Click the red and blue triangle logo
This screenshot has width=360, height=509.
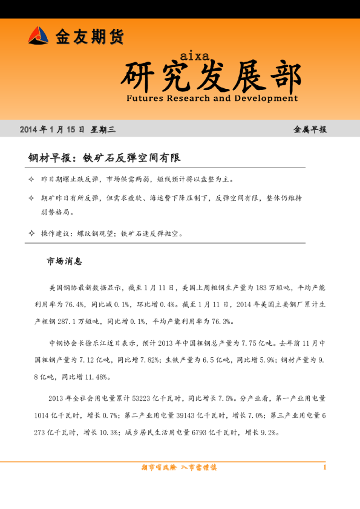(x=38, y=36)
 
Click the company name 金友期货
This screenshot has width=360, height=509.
(x=90, y=37)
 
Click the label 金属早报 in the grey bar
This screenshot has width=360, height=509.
(x=309, y=130)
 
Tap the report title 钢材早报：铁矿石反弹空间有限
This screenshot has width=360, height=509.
(x=104, y=158)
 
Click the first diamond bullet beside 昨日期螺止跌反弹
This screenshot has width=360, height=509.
(x=31, y=180)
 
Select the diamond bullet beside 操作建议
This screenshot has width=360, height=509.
(x=31, y=233)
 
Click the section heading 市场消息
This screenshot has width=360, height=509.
(x=64, y=262)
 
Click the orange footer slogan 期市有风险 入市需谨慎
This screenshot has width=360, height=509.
(x=178, y=467)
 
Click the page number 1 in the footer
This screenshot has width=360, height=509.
(x=325, y=467)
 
